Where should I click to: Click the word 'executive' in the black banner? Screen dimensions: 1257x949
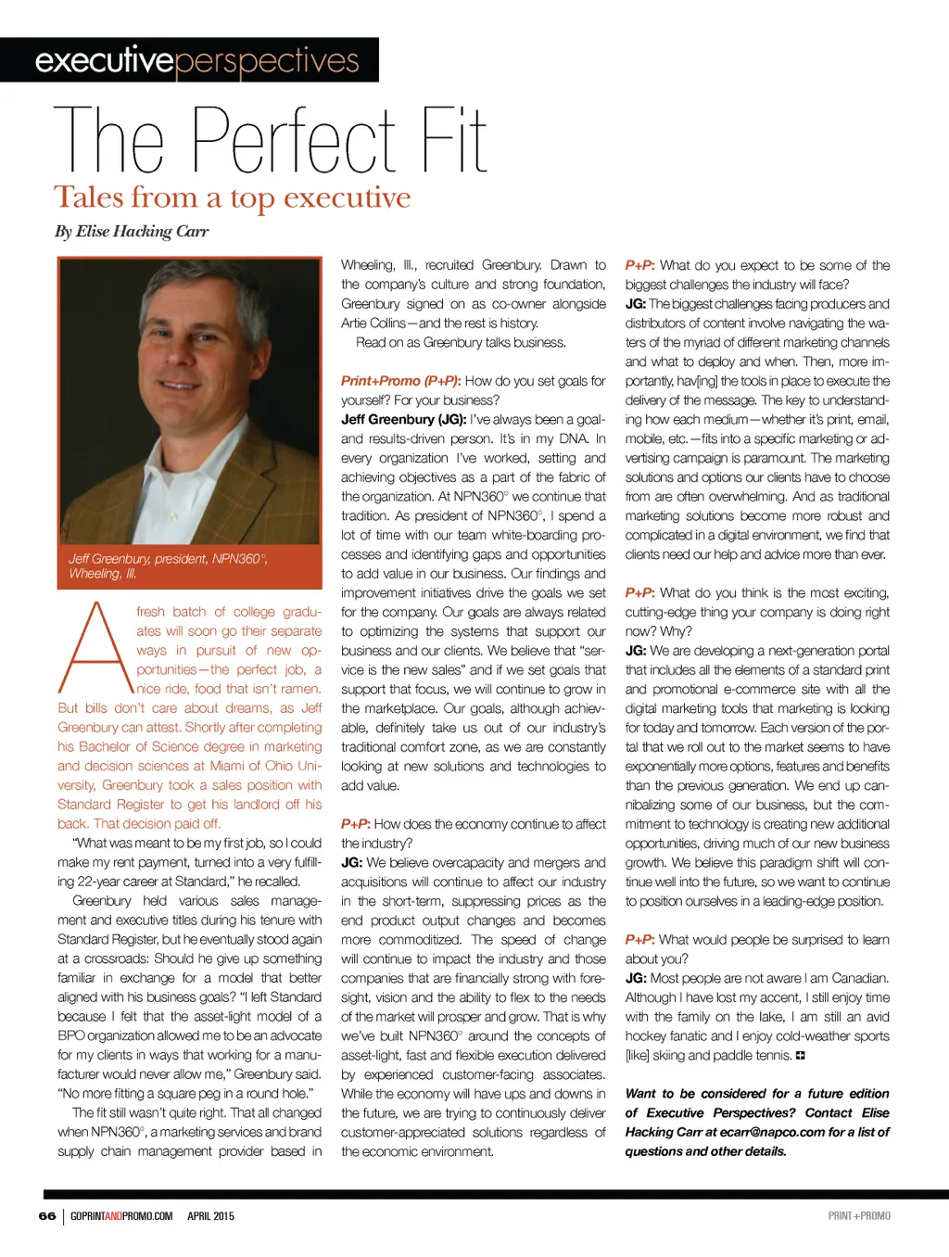click(x=104, y=60)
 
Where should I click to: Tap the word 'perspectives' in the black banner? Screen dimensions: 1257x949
click(x=267, y=61)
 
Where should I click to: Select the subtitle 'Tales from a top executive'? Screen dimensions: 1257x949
click(x=232, y=197)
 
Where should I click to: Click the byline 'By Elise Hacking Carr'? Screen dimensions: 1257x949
click(x=132, y=232)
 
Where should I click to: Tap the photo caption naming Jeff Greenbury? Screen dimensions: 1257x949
click(x=167, y=565)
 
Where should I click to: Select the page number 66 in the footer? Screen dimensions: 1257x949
click(x=47, y=1216)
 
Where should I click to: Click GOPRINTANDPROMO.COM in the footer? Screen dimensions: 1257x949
click(x=121, y=1216)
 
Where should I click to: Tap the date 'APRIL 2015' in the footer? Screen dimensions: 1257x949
click(x=210, y=1216)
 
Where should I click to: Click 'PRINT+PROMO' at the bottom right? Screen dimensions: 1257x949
click(x=859, y=1216)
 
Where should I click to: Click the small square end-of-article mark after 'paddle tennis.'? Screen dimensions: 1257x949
click(x=801, y=1056)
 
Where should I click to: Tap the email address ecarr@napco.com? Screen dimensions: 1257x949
click(x=771, y=1132)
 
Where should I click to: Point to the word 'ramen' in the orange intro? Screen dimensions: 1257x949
click(x=299, y=689)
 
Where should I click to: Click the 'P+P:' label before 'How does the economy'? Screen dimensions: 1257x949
click(x=355, y=824)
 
